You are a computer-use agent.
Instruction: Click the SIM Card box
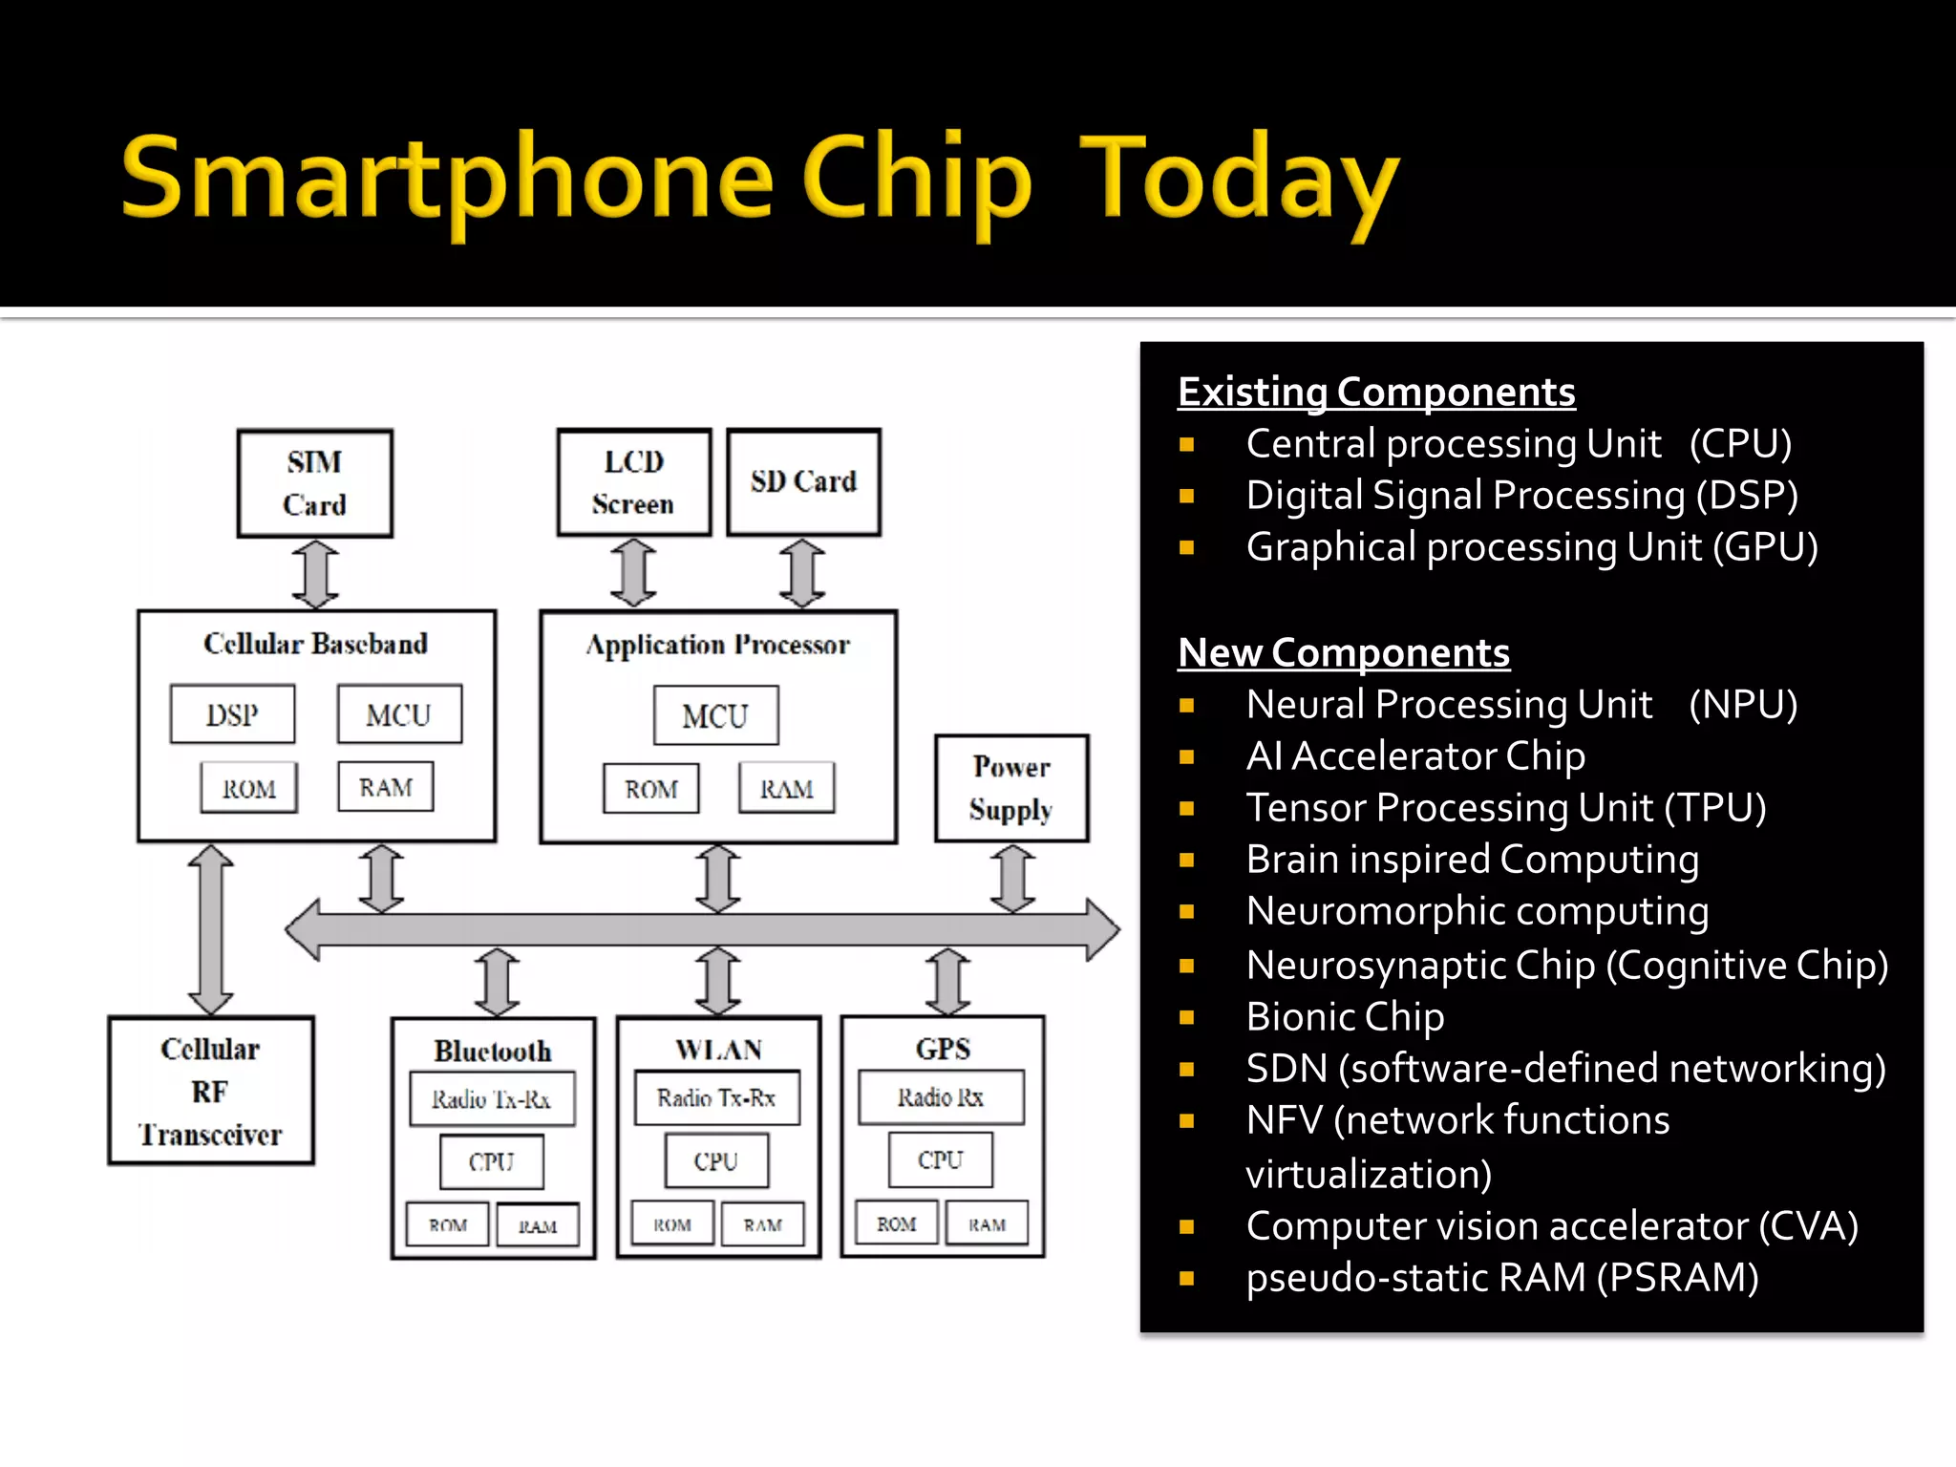[x=315, y=483]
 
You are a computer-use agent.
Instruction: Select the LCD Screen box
[x=634, y=482]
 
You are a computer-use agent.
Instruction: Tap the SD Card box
[x=803, y=482]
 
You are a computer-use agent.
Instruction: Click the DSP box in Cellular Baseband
[x=232, y=714]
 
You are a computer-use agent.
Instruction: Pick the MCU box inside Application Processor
[x=715, y=715]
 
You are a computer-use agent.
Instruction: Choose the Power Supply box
[x=1011, y=788]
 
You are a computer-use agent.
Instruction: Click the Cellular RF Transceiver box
[x=211, y=1091]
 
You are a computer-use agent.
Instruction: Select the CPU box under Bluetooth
[x=492, y=1161]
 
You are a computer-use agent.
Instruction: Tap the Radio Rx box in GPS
[x=941, y=1097]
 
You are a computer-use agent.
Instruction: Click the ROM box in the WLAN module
[x=672, y=1224]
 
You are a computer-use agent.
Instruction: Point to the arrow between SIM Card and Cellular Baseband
[x=315, y=574]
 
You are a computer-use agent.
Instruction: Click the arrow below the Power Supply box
[x=1012, y=879]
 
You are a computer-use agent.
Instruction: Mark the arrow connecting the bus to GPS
[x=948, y=981]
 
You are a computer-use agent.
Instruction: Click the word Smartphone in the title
[x=447, y=179]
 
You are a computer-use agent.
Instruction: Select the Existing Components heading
[x=1376, y=392]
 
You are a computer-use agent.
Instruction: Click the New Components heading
[x=1344, y=652]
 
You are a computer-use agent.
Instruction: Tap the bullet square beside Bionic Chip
[x=1187, y=1017]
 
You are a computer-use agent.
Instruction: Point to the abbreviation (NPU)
[x=1743, y=705]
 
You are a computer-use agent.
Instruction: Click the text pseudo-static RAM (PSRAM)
[x=1502, y=1277]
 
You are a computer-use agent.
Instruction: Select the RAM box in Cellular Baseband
[x=386, y=787]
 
